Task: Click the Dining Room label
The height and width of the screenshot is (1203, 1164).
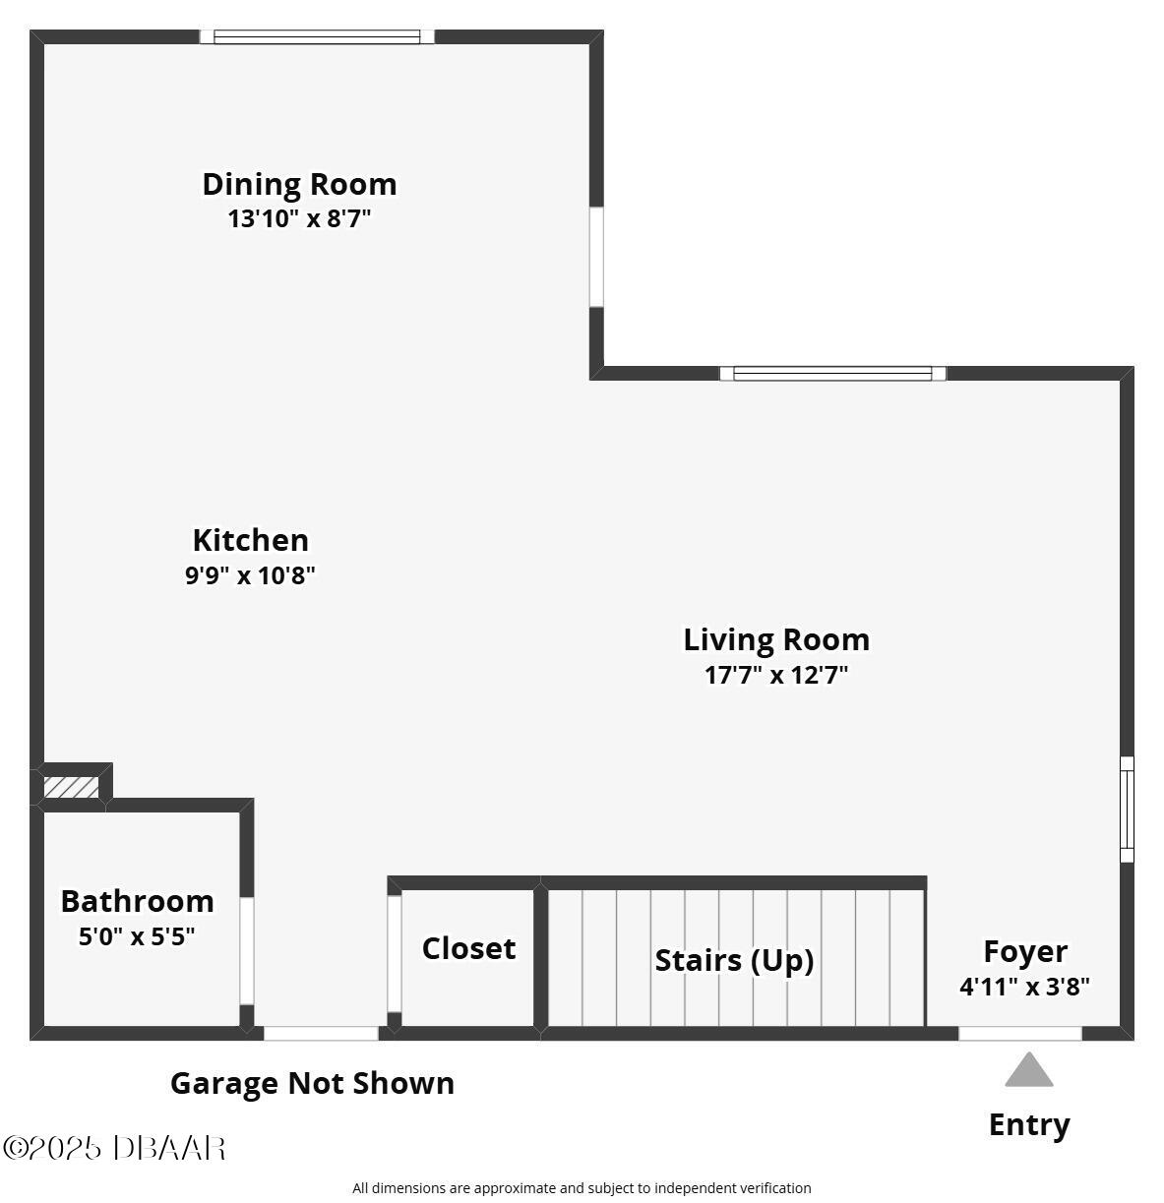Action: pos(299,184)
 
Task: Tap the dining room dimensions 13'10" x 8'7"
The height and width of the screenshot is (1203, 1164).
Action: pos(299,218)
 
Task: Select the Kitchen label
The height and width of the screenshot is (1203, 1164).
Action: pos(251,540)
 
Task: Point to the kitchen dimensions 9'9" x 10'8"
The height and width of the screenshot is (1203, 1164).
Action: pos(250,574)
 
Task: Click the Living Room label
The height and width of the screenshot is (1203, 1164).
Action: pos(776,639)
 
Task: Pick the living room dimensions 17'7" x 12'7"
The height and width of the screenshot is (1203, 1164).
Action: pos(776,675)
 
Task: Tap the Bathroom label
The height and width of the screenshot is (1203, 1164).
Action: pos(138,901)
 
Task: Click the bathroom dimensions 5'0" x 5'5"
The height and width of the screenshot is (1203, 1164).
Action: pos(137,936)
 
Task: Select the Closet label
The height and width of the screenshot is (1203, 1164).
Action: pos(468,948)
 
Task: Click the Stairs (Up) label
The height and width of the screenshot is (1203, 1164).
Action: pos(734,960)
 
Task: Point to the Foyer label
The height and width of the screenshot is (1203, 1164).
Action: pos(1025,952)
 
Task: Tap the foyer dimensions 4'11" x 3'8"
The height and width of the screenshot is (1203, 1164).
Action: pos(1025,987)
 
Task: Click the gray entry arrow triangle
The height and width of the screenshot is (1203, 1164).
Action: pos(1029,1070)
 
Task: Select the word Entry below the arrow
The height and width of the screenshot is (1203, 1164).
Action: pos(1029,1124)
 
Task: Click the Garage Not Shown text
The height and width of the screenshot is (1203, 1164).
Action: pos(312,1083)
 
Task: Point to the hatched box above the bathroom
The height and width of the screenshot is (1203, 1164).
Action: pos(71,787)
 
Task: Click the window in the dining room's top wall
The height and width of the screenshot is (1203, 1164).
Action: pos(317,36)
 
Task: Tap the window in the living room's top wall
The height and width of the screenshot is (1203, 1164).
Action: pos(832,374)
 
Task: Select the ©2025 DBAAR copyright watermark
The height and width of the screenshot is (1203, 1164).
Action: pos(114,1149)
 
